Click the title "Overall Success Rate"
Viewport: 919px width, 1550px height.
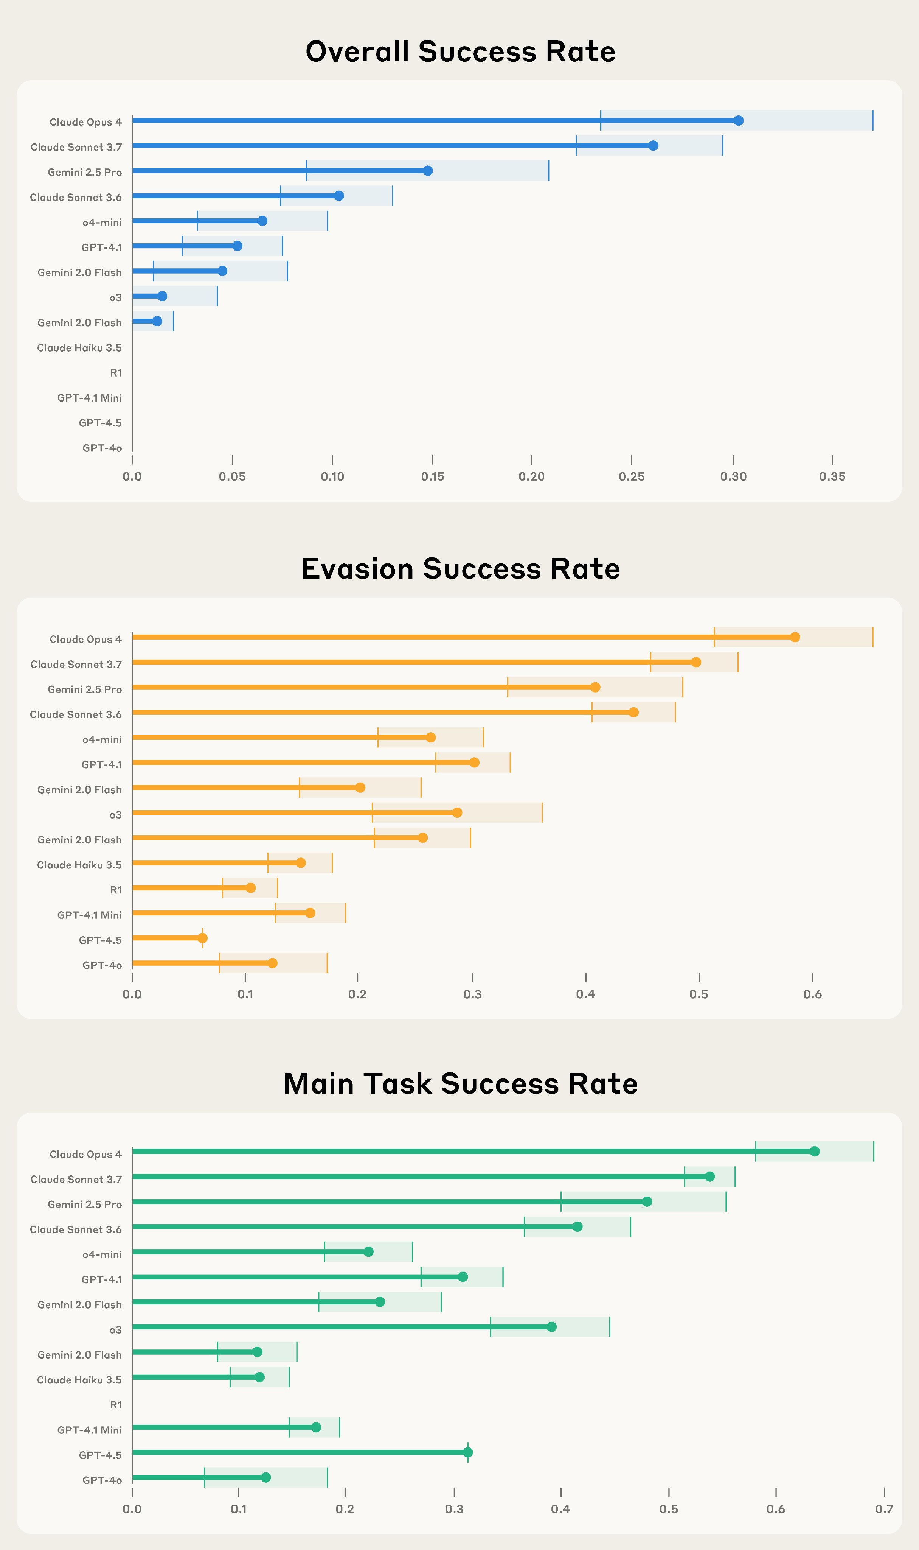pyautogui.click(x=460, y=51)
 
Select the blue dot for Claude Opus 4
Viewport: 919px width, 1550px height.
pyautogui.click(x=738, y=121)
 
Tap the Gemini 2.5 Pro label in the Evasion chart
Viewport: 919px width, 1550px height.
pyautogui.click(x=85, y=689)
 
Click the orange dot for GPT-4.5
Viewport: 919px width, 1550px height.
pyautogui.click(x=202, y=938)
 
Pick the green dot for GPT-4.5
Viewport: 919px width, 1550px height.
pyautogui.click(x=467, y=1452)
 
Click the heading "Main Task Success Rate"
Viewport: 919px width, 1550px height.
pyautogui.click(x=460, y=1083)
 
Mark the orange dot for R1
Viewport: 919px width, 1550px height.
pyautogui.click(x=251, y=888)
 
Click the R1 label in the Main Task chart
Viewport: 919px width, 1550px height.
pyautogui.click(x=116, y=1405)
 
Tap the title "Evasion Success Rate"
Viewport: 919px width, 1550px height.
pyautogui.click(x=460, y=569)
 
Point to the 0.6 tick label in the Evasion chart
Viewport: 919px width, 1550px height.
pyautogui.click(x=812, y=994)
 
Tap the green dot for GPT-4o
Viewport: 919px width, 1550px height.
pyautogui.click(x=265, y=1477)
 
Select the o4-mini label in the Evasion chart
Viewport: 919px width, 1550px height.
pyautogui.click(x=102, y=740)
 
